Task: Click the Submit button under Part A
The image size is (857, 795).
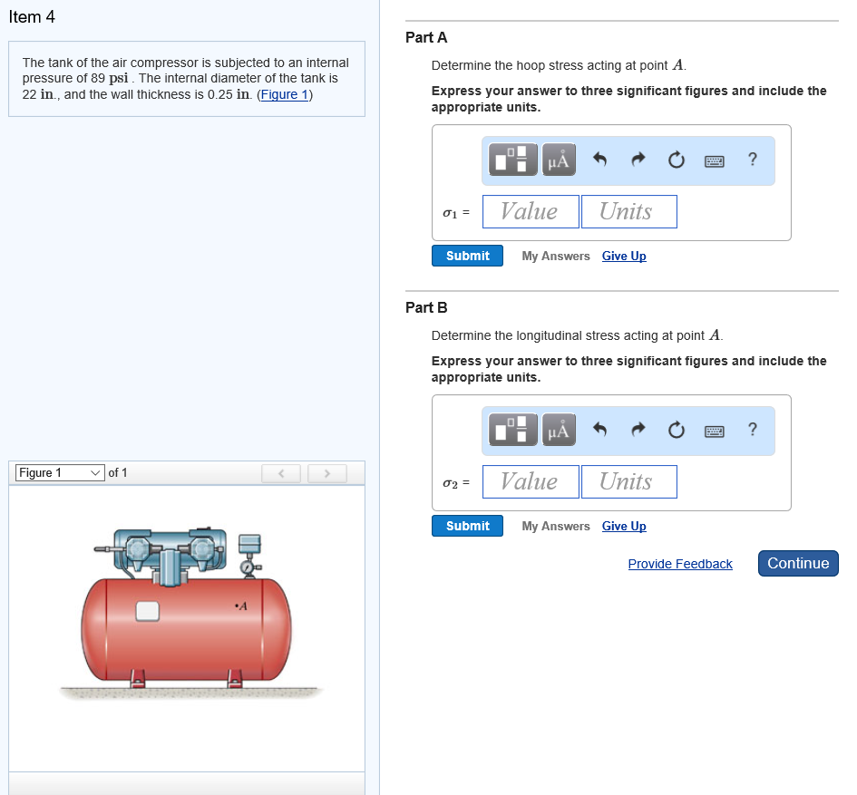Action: (467, 256)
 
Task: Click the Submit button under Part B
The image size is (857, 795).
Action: (467, 526)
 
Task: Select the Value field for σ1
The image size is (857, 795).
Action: (531, 212)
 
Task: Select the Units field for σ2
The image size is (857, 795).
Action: (628, 482)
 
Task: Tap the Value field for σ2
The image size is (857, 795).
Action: (531, 482)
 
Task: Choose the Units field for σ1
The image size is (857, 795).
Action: (628, 212)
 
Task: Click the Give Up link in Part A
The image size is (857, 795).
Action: (624, 256)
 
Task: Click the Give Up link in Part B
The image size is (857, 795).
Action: (624, 526)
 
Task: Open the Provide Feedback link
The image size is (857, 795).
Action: (679, 564)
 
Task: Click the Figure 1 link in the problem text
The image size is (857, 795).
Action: (285, 94)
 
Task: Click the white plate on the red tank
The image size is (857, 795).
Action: (147, 612)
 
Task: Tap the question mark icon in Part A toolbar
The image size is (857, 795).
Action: (752, 160)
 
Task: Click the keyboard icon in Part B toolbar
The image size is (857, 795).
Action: (715, 431)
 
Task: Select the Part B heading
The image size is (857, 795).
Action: (426, 307)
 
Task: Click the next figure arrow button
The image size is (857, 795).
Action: (326, 473)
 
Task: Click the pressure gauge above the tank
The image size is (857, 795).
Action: (247, 565)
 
